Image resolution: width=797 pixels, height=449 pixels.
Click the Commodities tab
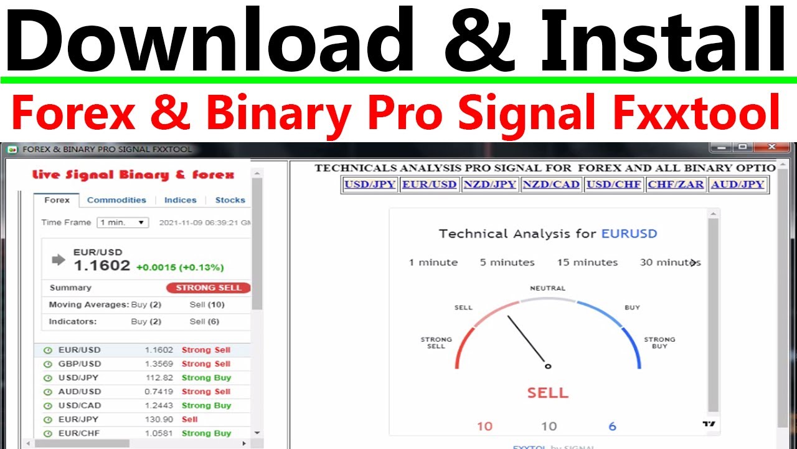tap(116, 200)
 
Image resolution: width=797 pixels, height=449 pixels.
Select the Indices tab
tap(180, 200)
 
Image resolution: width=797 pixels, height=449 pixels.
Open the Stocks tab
tap(230, 200)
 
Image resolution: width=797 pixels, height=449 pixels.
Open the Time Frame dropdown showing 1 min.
tap(123, 223)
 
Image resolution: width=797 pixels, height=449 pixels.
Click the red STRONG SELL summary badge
tap(209, 287)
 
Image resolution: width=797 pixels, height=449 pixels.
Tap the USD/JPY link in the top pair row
tap(370, 185)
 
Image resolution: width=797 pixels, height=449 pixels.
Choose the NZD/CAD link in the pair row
tap(551, 185)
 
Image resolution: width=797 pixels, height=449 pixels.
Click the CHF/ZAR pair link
tap(676, 185)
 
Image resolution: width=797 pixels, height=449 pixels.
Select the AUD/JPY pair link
tap(737, 185)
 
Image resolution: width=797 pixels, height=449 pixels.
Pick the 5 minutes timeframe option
tap(507, 263)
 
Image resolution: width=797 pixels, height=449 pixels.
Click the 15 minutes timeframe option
tap(587, 263)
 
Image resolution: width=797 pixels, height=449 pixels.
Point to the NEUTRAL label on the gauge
tap(547, 289)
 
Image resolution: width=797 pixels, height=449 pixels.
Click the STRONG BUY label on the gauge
tap(659, 343)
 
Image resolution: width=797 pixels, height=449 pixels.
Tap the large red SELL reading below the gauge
tap(547, 393)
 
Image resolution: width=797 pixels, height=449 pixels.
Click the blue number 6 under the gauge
tap(612, 427)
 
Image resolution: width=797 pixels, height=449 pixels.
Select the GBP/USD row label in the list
tap(79, 364)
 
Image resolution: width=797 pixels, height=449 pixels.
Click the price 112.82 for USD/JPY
tap(158, 378)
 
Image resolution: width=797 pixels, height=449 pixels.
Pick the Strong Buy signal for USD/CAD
tap(206, 405)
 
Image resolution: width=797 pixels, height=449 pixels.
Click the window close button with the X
tap(772, 147)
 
